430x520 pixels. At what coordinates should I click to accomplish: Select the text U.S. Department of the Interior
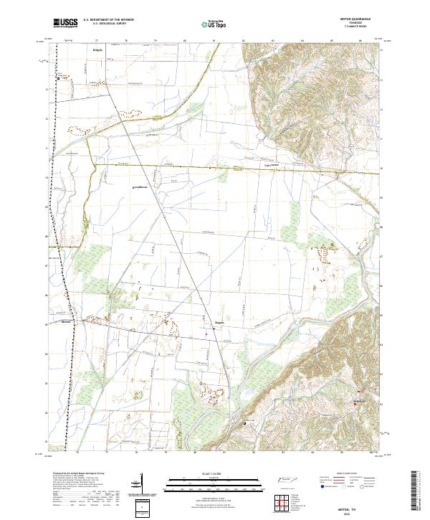point(107,20)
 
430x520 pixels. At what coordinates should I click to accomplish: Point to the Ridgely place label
point(98,51)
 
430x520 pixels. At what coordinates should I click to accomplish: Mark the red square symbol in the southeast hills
point(355,406)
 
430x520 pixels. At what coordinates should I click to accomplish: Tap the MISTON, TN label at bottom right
point(356,507)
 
